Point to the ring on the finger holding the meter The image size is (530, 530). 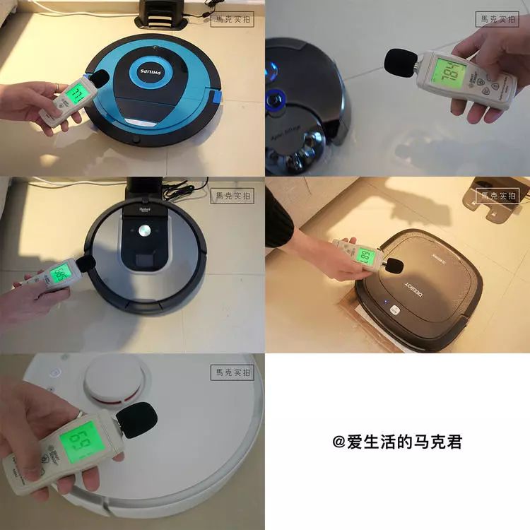(57, 86)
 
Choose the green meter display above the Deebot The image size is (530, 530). (363, 256)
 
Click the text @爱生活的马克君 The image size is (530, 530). (397, 442)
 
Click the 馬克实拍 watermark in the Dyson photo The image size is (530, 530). (497, 20)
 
